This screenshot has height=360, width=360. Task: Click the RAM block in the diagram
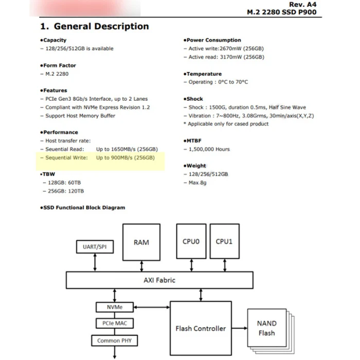point(141,242)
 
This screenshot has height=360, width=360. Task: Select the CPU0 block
point(191,242)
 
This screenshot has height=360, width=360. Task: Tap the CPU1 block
point(224,242)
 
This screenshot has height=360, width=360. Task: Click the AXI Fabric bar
point(159,280)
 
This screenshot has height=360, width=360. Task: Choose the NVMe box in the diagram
point(114,307)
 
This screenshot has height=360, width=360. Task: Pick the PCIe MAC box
point(114,323)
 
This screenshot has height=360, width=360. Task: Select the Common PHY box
point(114,340)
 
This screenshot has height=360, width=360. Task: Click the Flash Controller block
point(201,328)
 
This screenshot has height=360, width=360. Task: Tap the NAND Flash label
point(266,328)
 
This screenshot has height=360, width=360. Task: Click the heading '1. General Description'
point(94,26)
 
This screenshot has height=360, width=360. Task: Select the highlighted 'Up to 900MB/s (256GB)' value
point(125,158)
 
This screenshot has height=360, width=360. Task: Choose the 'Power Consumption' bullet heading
point(213,40)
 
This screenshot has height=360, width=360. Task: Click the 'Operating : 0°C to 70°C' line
point(218,82)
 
